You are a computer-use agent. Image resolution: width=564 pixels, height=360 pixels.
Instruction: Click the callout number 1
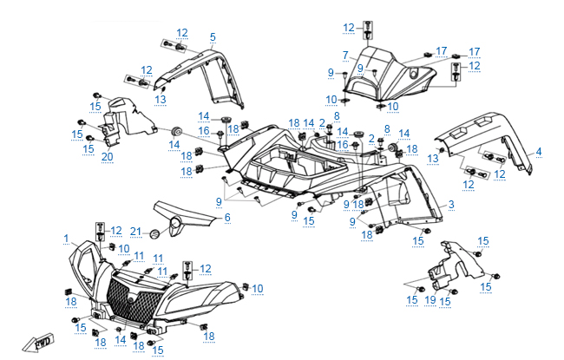point(66,237)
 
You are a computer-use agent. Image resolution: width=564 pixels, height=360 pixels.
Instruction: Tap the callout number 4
point(538,152)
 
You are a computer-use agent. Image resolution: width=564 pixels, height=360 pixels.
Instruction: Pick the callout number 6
point(227,218)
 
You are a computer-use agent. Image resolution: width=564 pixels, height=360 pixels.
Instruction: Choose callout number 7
point(344,55)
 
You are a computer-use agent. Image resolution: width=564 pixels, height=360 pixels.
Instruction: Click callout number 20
point(108,156)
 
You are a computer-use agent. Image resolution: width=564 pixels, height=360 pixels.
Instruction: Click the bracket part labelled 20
point(115,121)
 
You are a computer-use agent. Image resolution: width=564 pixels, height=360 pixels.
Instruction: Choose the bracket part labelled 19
point(451,265)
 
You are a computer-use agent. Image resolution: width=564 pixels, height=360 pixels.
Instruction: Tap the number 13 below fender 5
point(161,100)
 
